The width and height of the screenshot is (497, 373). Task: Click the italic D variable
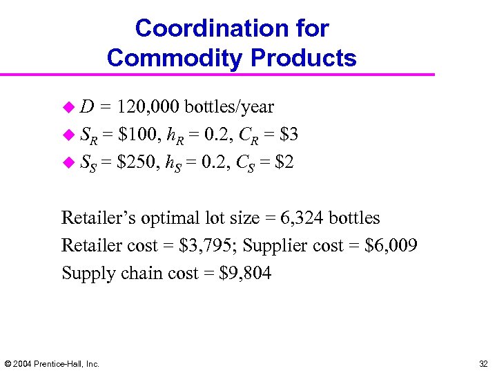pos(88,107)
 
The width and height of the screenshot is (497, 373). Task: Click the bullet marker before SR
pos(68,134)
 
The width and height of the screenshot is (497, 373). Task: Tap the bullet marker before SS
pos(68,162)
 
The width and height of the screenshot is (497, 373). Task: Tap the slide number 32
pos(483,363)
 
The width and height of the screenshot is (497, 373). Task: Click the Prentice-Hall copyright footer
pos(52,363)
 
